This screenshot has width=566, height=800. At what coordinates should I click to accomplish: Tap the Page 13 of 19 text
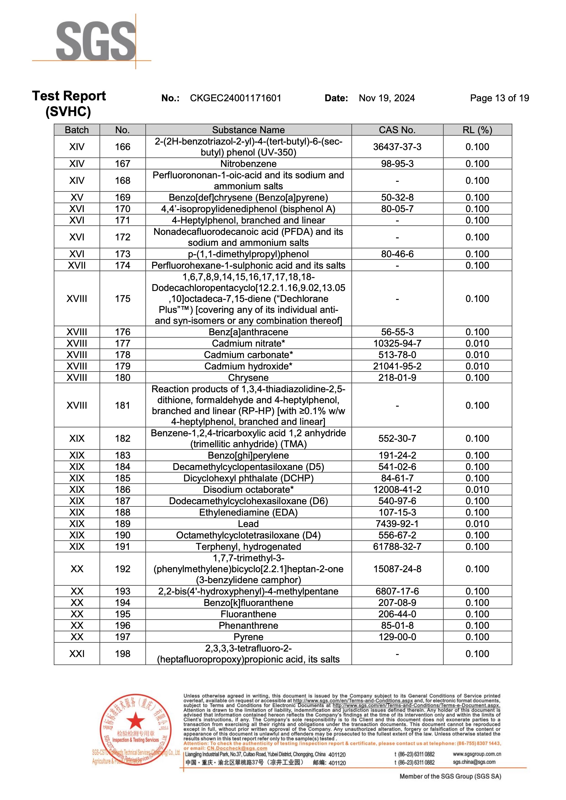[x=499, y=98]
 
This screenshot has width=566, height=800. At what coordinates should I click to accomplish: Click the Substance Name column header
[x=248, y=130]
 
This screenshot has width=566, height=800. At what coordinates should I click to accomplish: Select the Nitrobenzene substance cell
[x=248, y=164]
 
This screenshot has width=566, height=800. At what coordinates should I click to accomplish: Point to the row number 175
[x=123, y=299]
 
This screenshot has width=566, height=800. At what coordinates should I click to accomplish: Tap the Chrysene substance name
[x=248, y=378]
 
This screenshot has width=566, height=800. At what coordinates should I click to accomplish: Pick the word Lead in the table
[x=248, y=524]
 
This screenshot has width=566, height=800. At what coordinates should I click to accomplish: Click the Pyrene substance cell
[x=248, y=637]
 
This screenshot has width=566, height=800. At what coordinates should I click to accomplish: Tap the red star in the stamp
[x=135, y=721]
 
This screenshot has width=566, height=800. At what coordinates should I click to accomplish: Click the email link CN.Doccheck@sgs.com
[x=237, y=748]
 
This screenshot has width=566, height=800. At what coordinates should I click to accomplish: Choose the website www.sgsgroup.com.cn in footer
[x=477, y=754]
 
